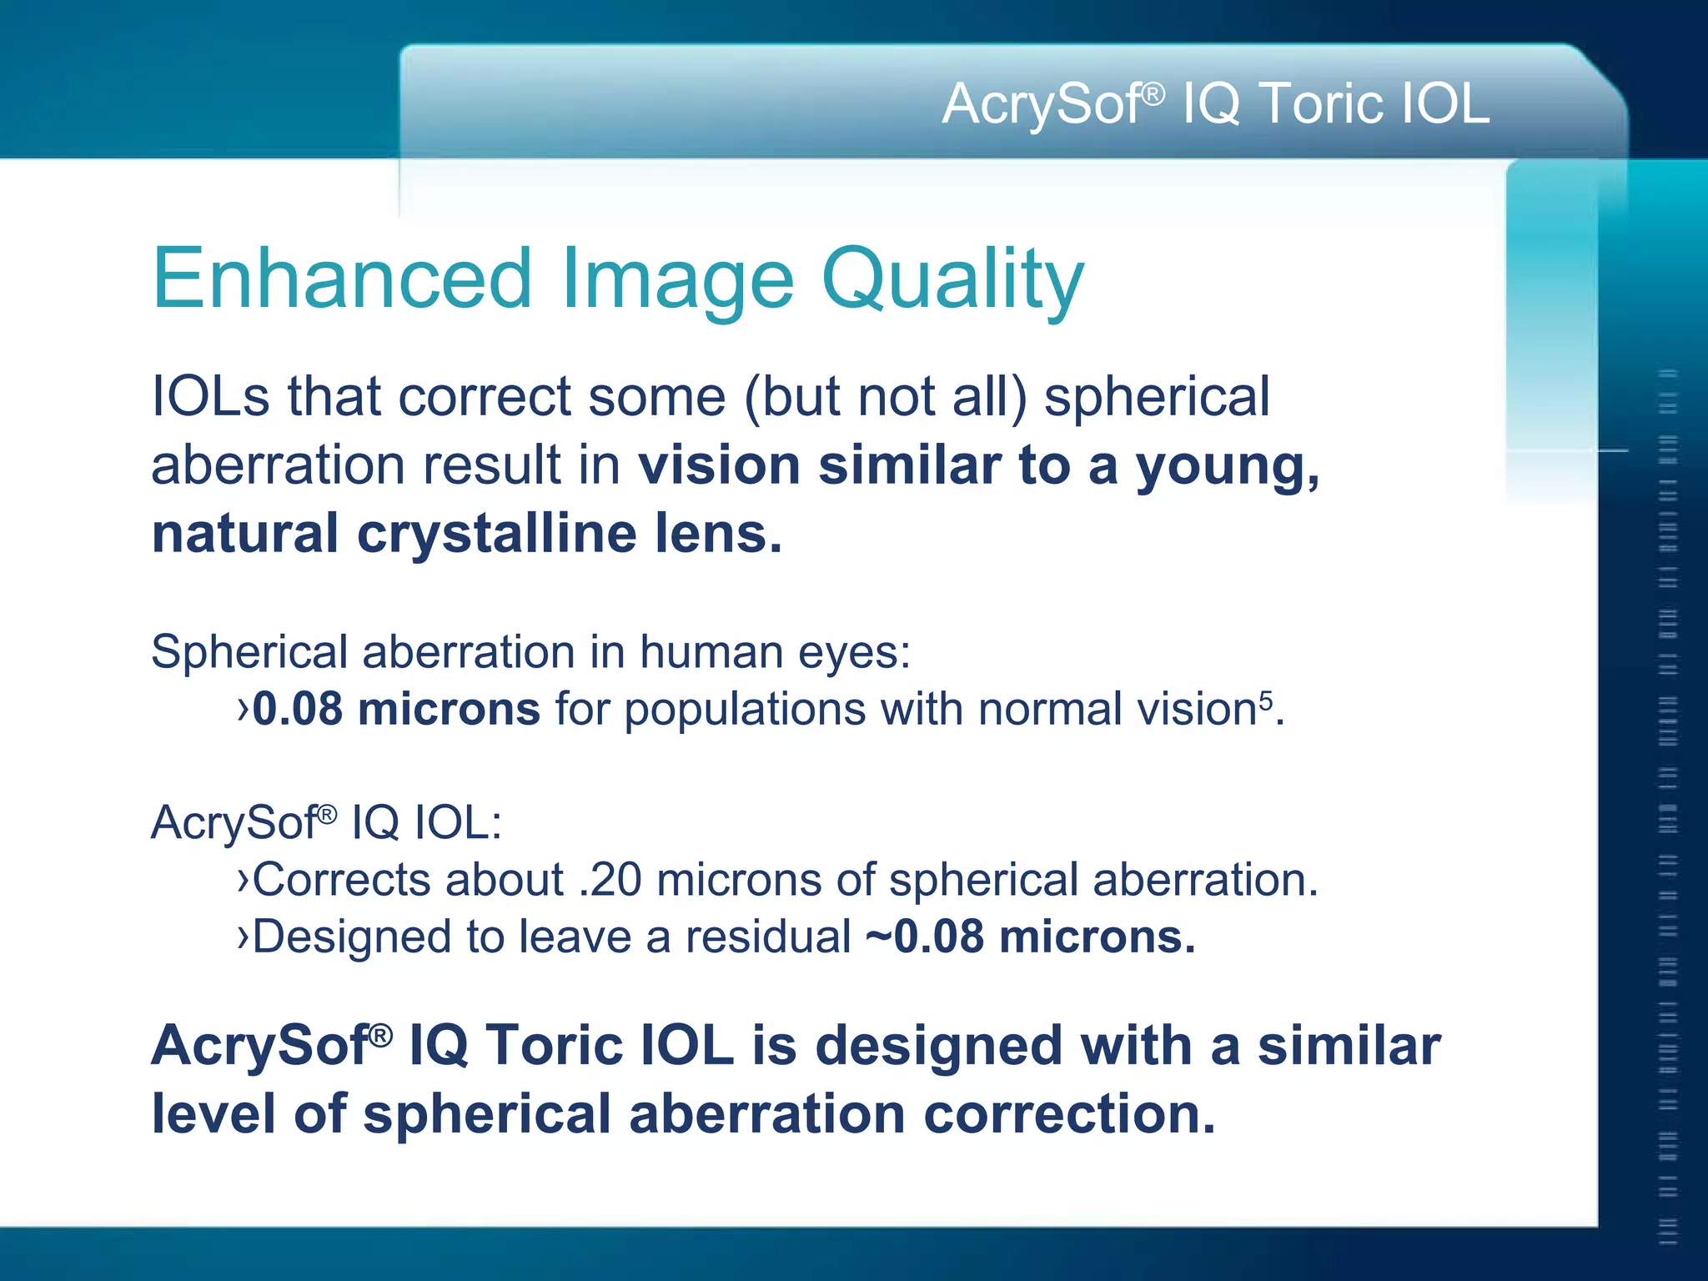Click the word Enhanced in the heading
point(342,279)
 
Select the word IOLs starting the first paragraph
point(210,396)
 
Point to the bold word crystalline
point(497,534)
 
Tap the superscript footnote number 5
point(1266,697)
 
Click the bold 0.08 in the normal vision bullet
point(298,710)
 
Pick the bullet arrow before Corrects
point(243,880)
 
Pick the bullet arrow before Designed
point(243,937)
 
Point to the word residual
point(767,937)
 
